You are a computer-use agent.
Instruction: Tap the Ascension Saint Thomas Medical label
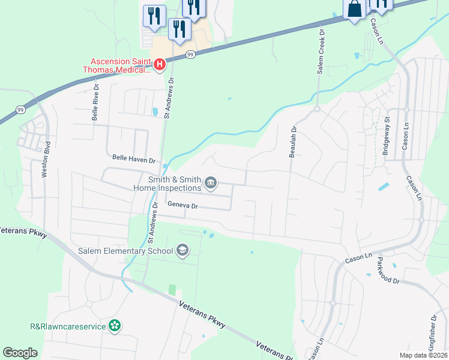click(121, 65)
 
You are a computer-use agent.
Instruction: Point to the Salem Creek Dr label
click(322, 52)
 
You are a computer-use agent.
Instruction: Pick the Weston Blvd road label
click(44, 158)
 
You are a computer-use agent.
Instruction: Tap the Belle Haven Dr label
click(134, 160)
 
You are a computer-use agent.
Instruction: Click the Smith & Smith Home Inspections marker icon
click(211, 182)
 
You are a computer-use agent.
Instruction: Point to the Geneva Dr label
click(182, 205)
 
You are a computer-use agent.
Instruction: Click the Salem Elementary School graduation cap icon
click(182, 250)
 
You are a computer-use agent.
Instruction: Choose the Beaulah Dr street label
click(293, 142)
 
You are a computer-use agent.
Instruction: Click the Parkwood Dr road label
click(388, 272)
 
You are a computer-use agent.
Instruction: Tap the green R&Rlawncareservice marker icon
click(115, 326)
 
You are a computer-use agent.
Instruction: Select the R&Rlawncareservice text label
click(68, 326)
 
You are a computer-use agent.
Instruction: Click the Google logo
click(20, 353)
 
